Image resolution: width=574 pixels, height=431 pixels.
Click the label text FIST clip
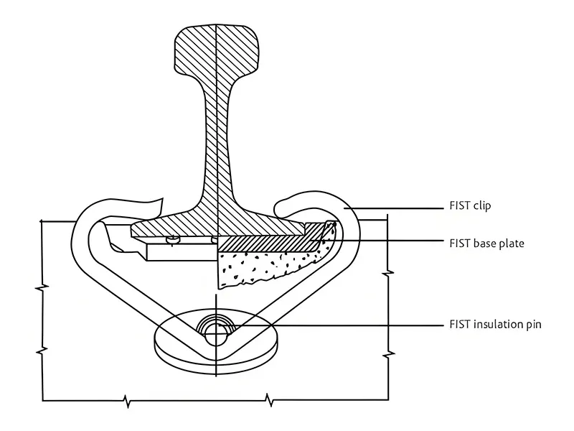pyautogui.click(x=470, y=206)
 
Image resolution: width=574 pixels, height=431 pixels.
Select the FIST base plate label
pyautogui.click(x=486, y=244)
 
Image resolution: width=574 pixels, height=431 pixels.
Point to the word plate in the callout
pyautogui.click(x=512, y=244)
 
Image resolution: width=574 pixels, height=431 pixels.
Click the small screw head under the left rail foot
pyautogui.click(x=172, y=240)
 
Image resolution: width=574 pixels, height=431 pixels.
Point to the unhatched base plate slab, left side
pyautogui.click(x=179, y=251)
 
